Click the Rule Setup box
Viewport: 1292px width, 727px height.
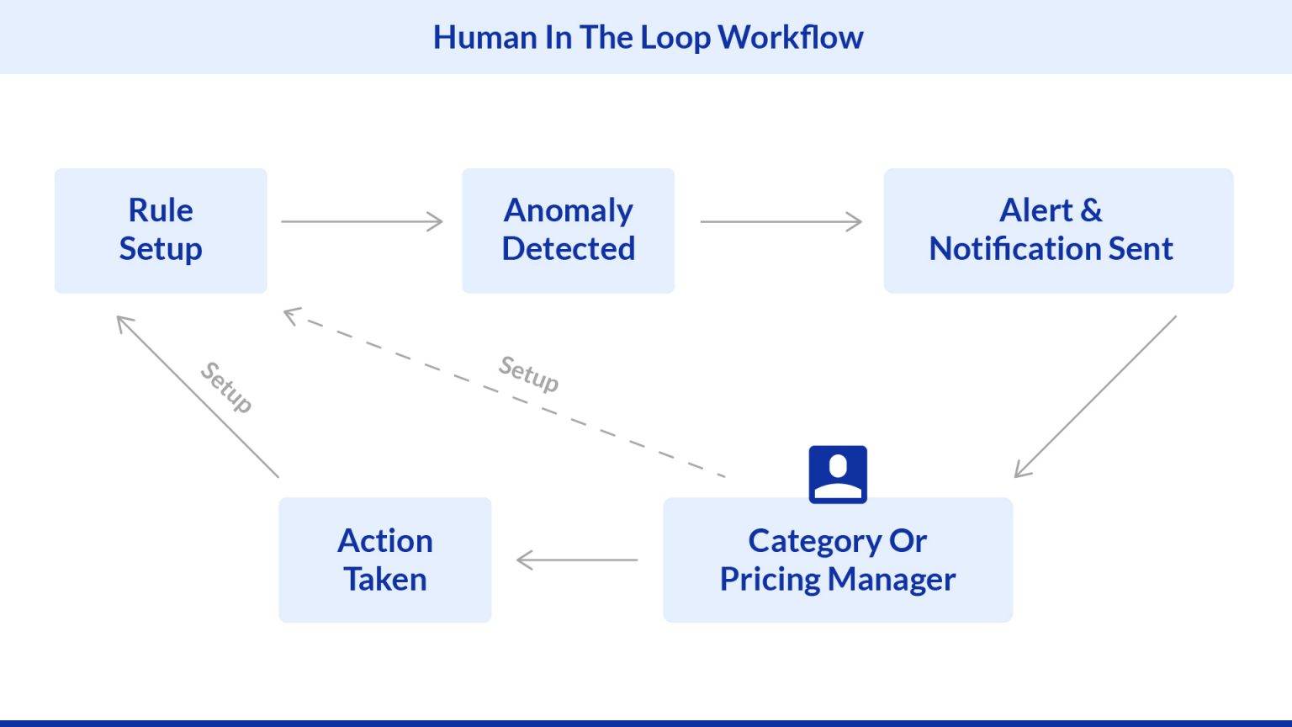pos(161,231)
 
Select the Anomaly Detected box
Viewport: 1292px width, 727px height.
pos(568,231)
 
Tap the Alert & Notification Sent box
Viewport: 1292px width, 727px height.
pos(1058,231)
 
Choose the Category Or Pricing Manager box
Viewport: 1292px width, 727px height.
pos(838,560)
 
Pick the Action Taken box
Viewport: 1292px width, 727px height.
pos(384,560)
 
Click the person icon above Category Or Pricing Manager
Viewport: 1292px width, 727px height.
pos(838,475)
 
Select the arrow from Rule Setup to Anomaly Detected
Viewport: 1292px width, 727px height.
pos(362,221)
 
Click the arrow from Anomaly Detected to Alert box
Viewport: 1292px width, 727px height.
pos(781,221)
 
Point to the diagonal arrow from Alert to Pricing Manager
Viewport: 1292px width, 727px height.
pos(1095,396)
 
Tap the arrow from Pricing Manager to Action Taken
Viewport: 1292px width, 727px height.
pos(577,560)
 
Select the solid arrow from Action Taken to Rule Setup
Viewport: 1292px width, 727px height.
pos(197,396)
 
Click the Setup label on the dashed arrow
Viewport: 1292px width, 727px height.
pos(528,373)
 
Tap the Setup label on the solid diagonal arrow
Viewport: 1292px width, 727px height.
pos(226,387)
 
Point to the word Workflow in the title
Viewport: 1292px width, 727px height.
pos(791,37)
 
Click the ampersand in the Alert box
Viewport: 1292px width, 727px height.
pos(1091,210)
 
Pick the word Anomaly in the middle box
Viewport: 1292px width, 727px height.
pos(568,210)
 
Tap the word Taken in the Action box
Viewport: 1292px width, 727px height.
pos(384,580)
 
